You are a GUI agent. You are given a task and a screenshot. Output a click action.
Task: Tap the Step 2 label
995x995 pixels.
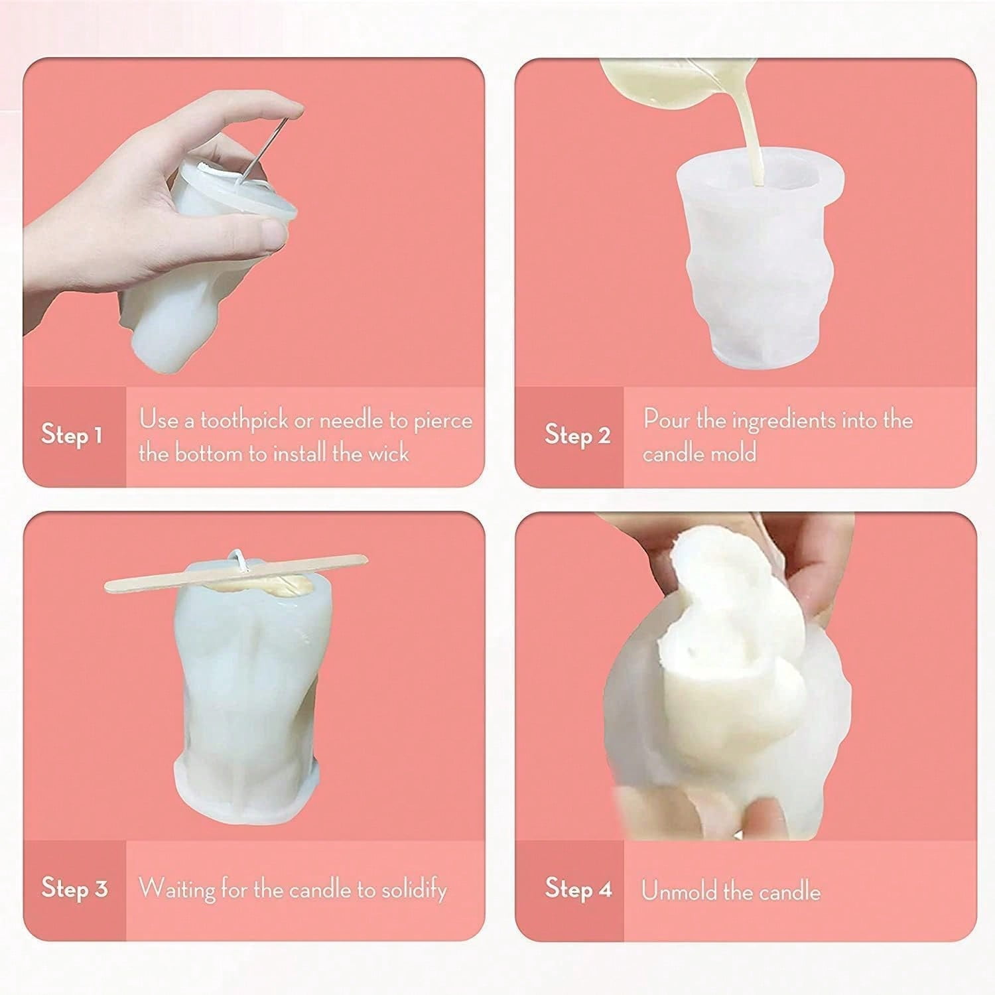tap(577, 435)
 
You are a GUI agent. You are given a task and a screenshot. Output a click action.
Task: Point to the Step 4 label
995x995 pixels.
tap(578, 888)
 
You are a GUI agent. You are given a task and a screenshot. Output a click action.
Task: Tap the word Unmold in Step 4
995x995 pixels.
tap(678, 890)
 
